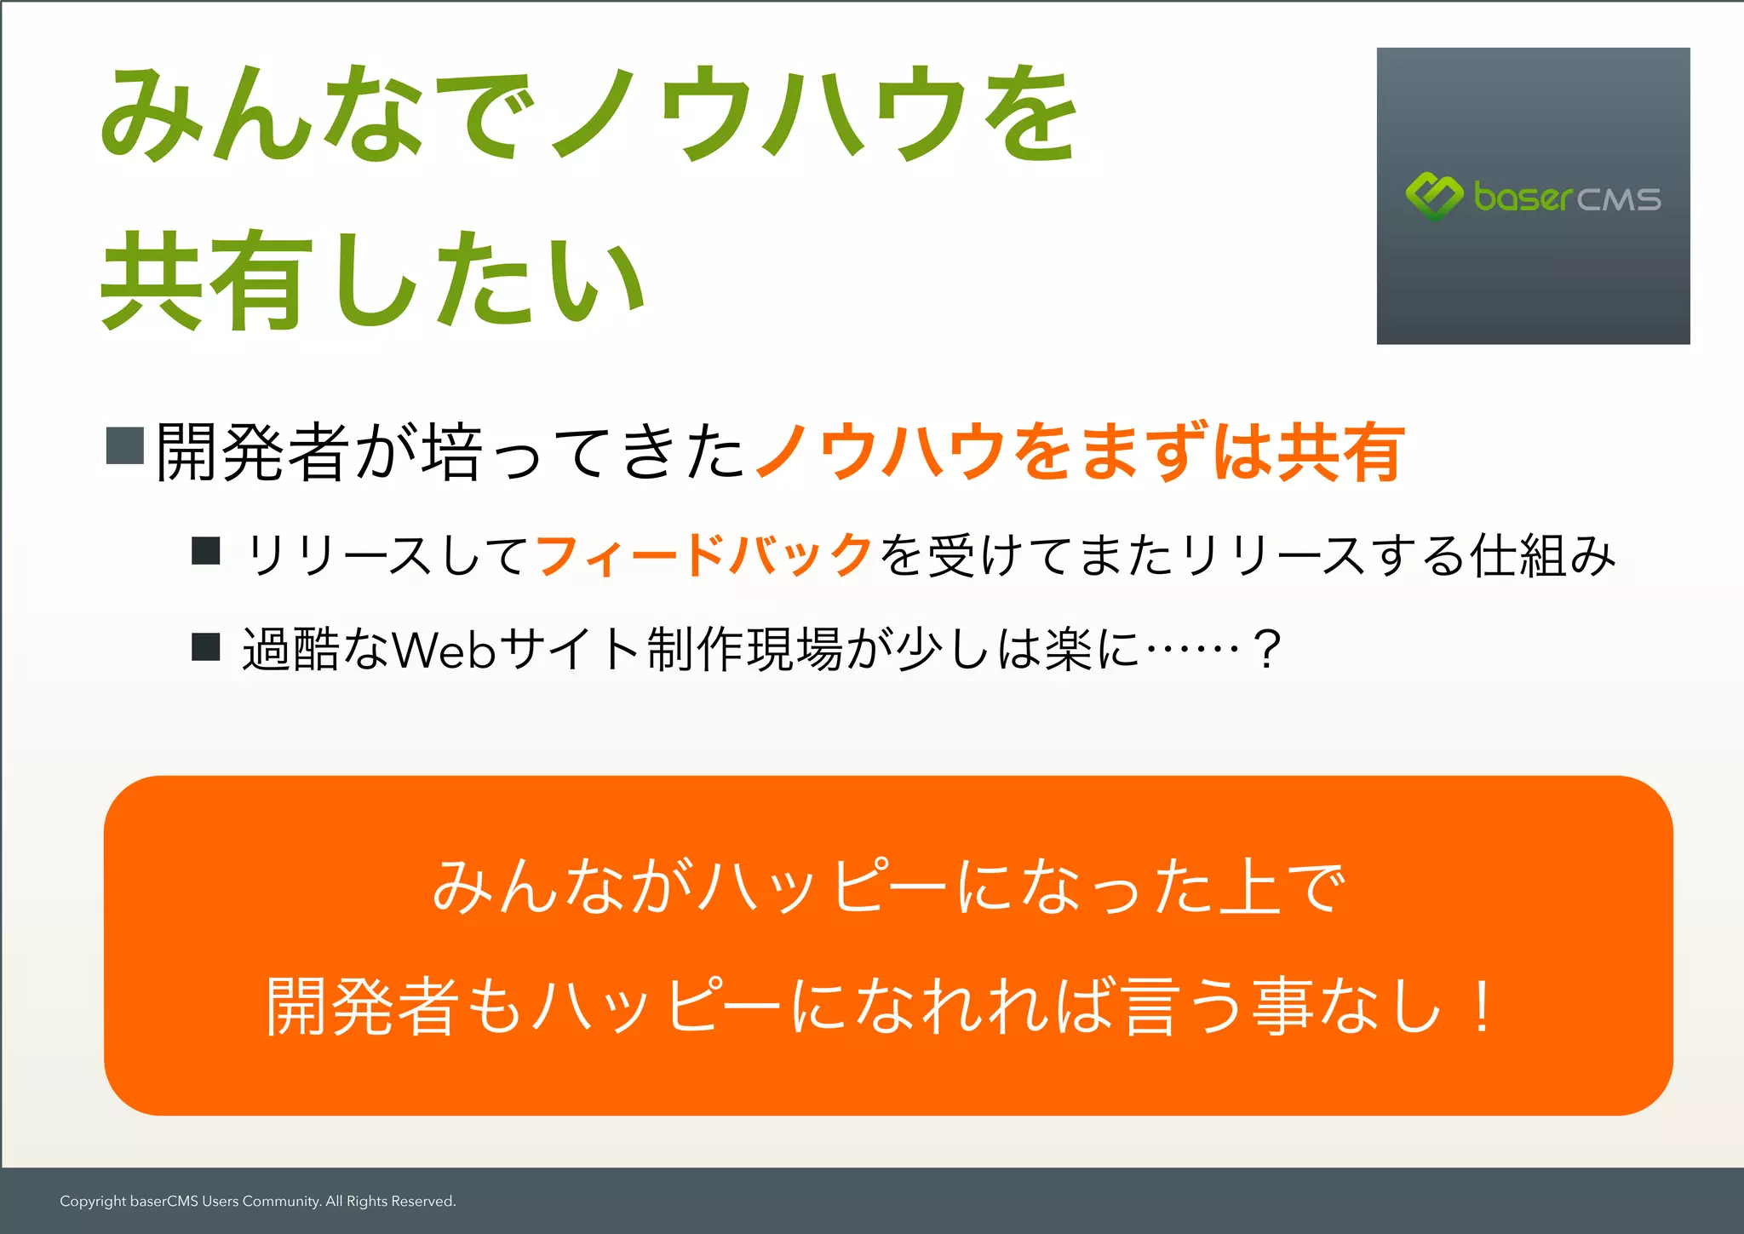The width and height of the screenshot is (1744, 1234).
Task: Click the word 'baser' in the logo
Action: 1523,198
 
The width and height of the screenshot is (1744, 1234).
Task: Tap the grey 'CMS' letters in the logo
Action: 1619,200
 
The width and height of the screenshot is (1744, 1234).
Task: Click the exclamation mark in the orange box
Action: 1482,1007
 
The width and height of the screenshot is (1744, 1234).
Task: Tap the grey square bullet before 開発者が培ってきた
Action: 124,445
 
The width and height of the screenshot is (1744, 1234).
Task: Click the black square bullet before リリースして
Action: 206,551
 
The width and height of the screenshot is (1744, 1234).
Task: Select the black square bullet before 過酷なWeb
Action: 206,646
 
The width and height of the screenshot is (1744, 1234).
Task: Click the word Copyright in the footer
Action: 93,1202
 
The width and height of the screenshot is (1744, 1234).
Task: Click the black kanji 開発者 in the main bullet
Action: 253,451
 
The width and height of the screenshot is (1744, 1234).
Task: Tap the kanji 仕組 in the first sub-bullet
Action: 1520,556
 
